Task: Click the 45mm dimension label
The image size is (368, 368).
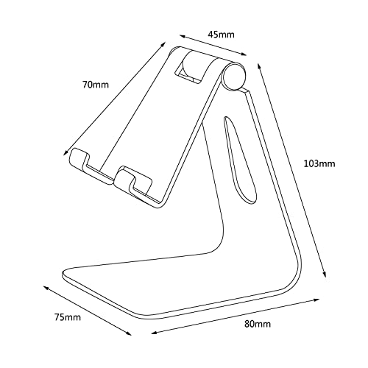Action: (x=221, y=35)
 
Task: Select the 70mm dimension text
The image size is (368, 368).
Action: (x=95, y=85)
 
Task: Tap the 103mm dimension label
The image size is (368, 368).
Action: (x=319, y=163)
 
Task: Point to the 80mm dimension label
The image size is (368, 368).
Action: (x=258, y=324)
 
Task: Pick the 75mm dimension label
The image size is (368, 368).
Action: (x=68, y=317)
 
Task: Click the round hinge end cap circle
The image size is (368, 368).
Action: (x=234, y=76)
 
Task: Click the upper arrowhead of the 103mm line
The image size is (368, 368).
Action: (x=260, y=67)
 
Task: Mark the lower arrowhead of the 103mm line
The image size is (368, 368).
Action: (x=324, y=275)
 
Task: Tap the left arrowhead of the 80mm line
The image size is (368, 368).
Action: (x=155, y=333)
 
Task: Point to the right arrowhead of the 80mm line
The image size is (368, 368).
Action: (x=315, y=300)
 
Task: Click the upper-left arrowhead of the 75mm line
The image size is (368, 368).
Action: (x=46, y=288)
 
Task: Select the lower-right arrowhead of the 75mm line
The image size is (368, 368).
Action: (x=128, y=333)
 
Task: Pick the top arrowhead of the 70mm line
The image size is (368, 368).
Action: (x=163, y=45)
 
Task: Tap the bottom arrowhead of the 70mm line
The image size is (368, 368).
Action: (x=66, y=152)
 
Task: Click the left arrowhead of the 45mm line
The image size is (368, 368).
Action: (x=183, y=37)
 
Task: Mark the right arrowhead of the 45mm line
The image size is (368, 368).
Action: (x=242, y=54)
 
